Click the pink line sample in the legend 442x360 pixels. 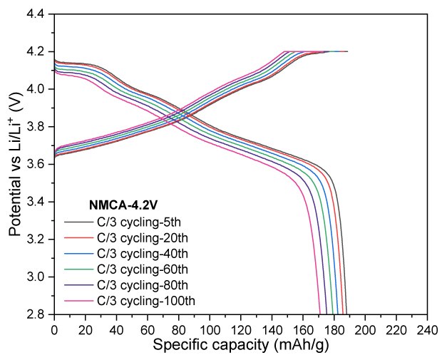click(x=78, y=300)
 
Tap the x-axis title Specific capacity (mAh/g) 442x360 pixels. click(x=240, y=345)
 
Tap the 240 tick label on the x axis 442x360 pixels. click(x=427, y=329)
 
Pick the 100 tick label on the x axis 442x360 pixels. click(x=210, y=329)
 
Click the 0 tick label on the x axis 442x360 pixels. click(x=54, y=329)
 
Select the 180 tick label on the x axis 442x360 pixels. click(x=334, y=329)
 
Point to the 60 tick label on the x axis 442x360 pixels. click(x=148, y=329)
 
